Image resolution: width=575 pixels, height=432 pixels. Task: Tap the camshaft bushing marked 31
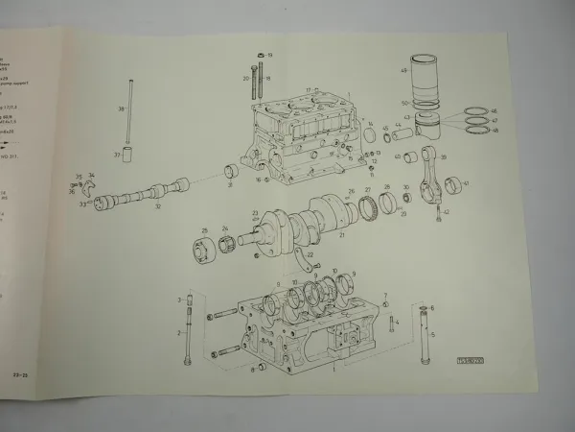click(230, 172)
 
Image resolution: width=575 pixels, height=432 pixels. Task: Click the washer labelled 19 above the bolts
click(261, 55)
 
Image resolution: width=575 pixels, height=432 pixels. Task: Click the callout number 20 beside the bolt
click(247, 79)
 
